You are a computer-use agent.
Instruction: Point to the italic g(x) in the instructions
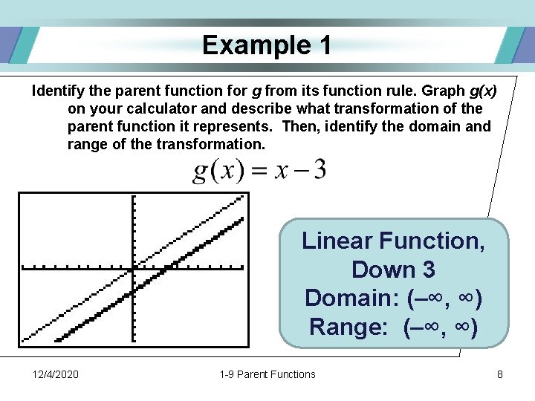pyautogui.click(x=483, y=91)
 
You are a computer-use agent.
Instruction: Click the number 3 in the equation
pyautogui.click(x=319, y=170)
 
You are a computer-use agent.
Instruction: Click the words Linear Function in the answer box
pyautogui.click(x=393, y=241)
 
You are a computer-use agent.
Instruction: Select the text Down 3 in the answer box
pyautogui.click(x=393, y=269)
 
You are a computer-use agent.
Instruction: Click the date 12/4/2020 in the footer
pyautogui.click(x=56, y=374)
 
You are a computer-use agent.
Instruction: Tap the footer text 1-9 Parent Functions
pyautogui.click(x=267, y=374)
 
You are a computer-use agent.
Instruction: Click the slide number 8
pyautogui.click(x=500, y=374)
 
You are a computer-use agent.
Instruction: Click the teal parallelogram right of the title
pyautogui.click(x=511, y=45)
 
